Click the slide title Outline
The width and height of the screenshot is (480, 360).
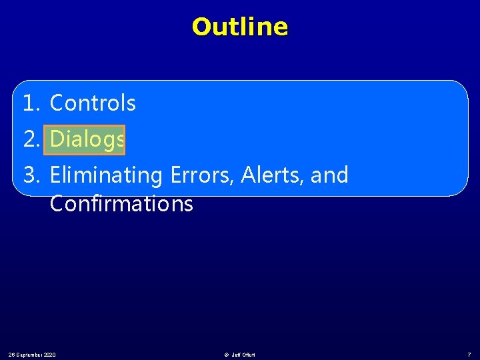pos(240,27)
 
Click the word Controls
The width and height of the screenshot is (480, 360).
pos(93,103)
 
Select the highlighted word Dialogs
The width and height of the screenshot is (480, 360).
pos(87,139)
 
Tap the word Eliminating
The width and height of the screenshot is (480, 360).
pos(107,175)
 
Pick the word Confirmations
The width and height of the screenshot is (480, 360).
pos(121,203)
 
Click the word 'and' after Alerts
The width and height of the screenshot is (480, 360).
pos(329,175)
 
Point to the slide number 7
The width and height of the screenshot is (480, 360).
pos(469,354)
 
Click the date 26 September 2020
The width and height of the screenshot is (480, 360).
pos(31,354)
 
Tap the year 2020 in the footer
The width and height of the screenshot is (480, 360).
pos(49,354)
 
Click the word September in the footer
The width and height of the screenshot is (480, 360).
pos(30,354)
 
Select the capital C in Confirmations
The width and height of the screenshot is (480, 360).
pos(57,203)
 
